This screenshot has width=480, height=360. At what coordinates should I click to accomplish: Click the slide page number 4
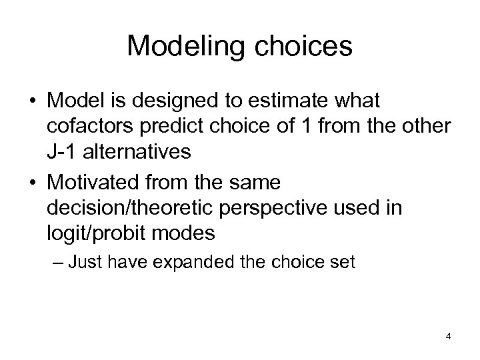point(448,336)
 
